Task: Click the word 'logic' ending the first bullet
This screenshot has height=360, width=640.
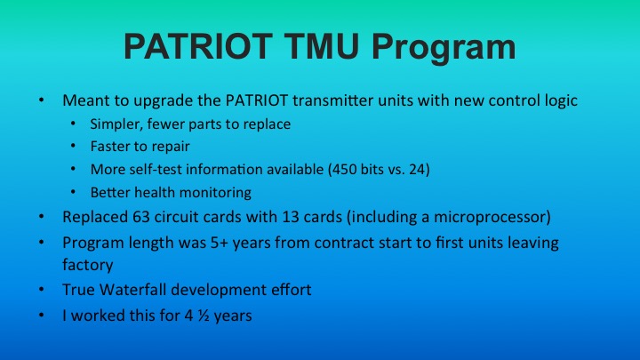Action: [560, 100]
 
